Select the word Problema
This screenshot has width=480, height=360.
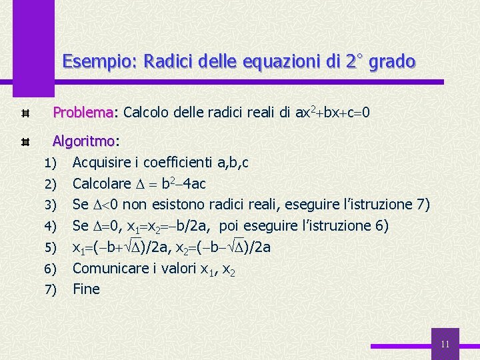coord(83,113)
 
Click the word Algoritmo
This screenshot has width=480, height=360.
coord(83,141)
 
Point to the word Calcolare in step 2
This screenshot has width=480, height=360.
coord(102,183)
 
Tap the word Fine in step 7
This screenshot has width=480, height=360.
coord(86,289)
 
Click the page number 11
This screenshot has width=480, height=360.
coord(445,345)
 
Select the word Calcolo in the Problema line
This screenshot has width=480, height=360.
coord(147,113)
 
